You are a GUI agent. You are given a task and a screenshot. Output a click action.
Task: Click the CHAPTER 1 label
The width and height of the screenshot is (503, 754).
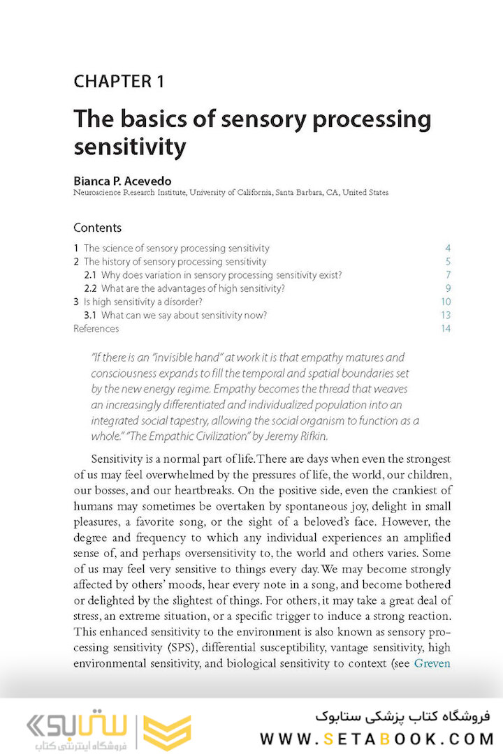119,82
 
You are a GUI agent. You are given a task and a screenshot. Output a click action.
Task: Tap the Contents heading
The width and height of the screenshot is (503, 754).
97,228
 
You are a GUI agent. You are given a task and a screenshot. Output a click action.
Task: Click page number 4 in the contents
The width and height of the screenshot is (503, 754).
448,249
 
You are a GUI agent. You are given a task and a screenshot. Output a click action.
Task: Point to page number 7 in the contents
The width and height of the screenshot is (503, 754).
448,275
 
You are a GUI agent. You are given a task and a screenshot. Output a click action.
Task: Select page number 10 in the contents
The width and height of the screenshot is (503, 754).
446,302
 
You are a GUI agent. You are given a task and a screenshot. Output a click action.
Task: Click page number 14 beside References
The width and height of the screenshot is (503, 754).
446,328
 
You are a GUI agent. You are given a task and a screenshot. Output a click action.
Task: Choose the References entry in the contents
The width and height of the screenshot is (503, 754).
96,328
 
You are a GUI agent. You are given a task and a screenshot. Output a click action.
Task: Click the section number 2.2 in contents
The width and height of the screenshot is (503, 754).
90,288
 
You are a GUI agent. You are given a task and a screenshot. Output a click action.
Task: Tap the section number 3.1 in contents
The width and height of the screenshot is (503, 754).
90,315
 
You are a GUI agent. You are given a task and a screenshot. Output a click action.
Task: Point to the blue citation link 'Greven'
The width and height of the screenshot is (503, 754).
432,663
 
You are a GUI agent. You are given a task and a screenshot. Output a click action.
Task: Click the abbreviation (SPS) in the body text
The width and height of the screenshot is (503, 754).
181,647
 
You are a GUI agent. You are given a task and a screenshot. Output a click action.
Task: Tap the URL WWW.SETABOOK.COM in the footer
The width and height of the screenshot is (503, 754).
376,738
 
